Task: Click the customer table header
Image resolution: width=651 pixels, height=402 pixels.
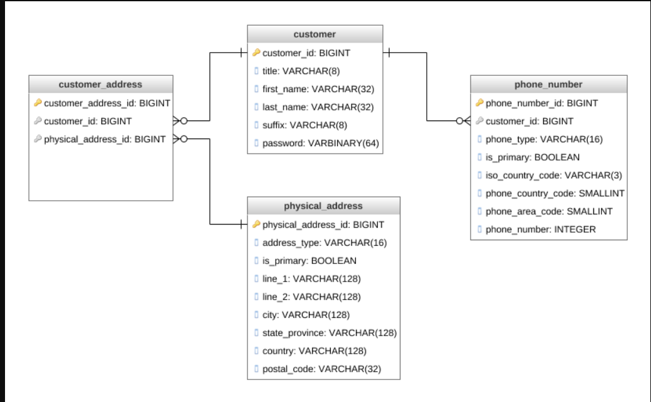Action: [315, 34]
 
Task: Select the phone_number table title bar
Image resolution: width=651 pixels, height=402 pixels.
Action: [548, 85]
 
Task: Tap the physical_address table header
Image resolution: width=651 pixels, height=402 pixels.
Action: [323, 206]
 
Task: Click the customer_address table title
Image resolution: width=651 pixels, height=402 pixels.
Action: [100, 85]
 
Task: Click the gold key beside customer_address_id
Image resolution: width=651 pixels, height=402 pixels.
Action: [38, 103]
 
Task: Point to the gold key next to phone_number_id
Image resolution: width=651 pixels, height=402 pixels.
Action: [479, 103]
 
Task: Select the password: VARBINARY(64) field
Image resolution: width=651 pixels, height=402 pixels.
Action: [320, 143]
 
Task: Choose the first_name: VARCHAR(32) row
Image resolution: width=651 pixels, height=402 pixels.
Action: [318, 89]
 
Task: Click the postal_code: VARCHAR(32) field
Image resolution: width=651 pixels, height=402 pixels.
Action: [321, 369]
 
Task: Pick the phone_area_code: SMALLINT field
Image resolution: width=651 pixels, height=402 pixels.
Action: [549, 211]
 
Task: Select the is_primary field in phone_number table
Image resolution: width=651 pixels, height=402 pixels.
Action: [532, 157]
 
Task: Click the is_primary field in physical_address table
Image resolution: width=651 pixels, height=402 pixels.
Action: [309, 260]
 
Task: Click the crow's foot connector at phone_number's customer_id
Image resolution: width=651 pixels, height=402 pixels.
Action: [463, 121]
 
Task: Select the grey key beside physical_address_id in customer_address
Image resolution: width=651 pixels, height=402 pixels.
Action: [38, 139]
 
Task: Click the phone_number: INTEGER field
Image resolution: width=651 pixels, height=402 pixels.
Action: [540, 230]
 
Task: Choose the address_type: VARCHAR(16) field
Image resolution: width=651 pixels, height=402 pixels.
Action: [324, 243]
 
